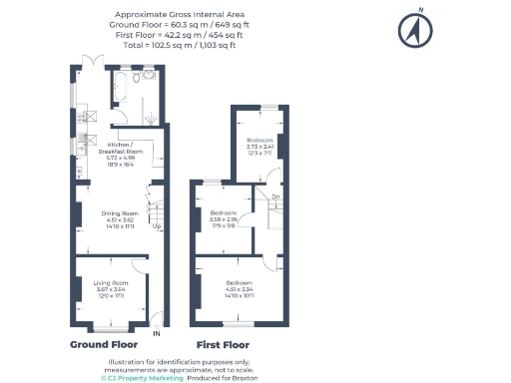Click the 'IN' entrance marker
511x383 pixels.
click(156, 333)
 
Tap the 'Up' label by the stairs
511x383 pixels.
click(156, 225)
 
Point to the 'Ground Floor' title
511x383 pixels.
click(104, 344)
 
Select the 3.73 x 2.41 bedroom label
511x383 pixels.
click(259, 145)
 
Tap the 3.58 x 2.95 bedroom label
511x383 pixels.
click(224, 219)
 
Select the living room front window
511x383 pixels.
click(109, 328)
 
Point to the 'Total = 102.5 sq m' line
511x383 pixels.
click(178, 45)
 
